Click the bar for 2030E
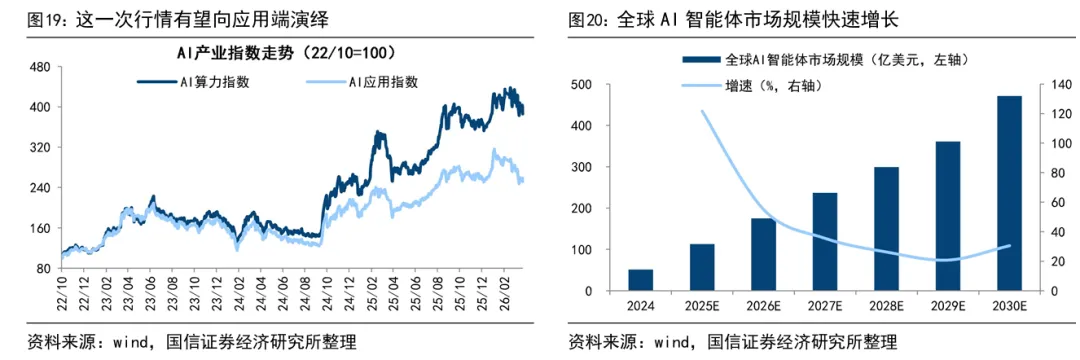tap(1011, 193)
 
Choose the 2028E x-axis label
tap(886, 305)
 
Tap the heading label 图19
tap(24, 18)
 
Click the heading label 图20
tap(590, 18)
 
